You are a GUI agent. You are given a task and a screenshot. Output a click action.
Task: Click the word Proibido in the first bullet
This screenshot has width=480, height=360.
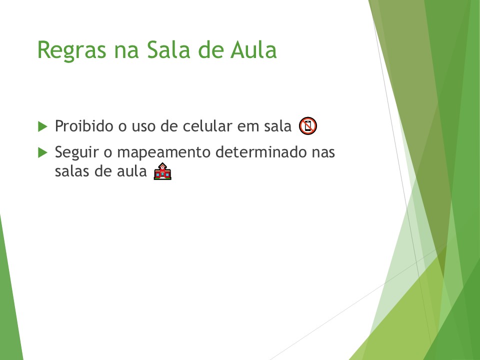pos(84,126)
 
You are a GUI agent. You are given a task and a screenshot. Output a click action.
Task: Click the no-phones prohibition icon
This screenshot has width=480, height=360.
pos(308,126)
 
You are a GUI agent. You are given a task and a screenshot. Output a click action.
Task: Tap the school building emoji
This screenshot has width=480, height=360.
pos(163,172)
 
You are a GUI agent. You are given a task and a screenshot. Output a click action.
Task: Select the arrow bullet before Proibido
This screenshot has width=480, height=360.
pos(42,126)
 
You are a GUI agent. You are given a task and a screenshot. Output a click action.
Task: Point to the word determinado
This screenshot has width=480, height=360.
pos(258,152)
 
